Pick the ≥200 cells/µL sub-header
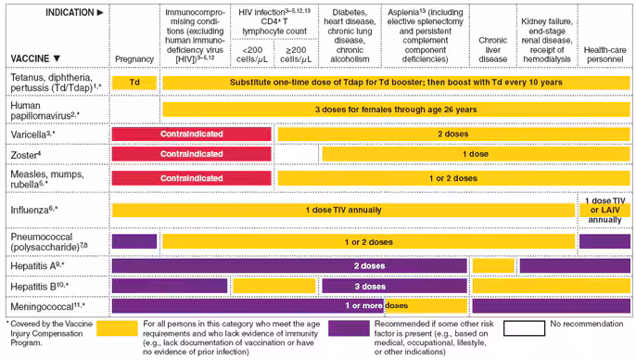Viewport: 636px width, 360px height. click(x=298, y=54)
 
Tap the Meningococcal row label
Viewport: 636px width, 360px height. click(x=46, y=305)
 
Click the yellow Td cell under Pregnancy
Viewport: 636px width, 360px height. click(x=134, y=83)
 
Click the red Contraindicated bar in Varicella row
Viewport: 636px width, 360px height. click(x=191, y=134)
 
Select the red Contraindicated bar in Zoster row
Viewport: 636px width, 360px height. click(x=191, y=154)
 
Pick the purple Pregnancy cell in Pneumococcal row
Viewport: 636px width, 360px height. click(x=134, y=241)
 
